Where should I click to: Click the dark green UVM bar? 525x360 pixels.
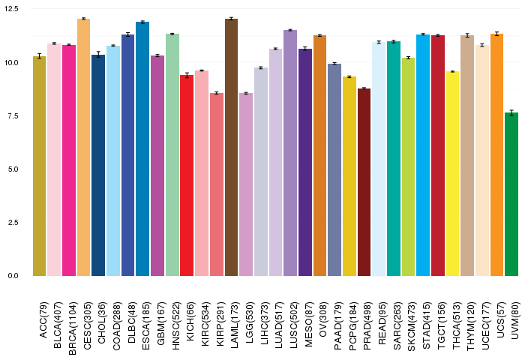click(x=511, y=194)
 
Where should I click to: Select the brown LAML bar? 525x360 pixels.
click(x=231, y=147)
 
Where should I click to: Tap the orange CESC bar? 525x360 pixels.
click(x=84, y=147)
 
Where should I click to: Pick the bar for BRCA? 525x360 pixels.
click(x=69, y=160)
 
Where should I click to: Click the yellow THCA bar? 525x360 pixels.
click(x=452, y=174)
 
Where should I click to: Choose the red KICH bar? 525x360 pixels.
click(x=187, y=175)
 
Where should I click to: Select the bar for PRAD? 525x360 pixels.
click(x=364, y=182)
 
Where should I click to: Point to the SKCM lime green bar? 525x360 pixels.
click(x=408, y=167)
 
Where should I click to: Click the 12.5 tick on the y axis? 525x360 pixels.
click(x=11, y=9)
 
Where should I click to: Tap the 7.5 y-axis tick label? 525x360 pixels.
click(x=13, y=115)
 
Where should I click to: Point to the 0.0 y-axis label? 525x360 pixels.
click(x=13, y=276)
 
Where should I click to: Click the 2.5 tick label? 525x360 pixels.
click(x=13, y=223)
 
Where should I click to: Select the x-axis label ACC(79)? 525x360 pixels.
click(x=43, y=320)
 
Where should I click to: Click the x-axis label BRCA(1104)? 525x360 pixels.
click(x=73, y=328)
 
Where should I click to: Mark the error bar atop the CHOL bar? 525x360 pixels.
click(x=98, y=55)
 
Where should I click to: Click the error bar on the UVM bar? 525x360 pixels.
click(x=511, y=112)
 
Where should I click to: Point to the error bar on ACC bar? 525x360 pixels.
click(x=40, y=56)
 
